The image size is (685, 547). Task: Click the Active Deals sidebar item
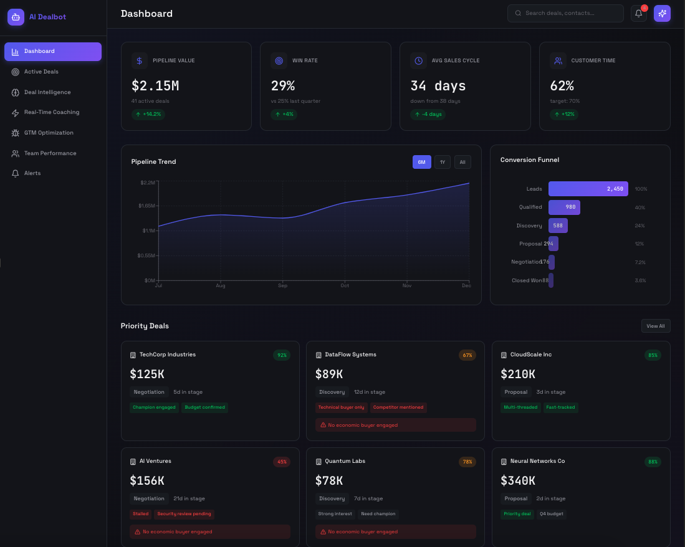point(41,72)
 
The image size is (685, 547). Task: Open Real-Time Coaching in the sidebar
point(51,112)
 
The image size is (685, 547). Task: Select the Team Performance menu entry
point(50,153)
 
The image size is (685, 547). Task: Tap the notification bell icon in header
point(639,13)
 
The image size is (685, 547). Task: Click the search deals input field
point(566,13)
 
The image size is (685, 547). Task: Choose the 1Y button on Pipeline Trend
point(443,162)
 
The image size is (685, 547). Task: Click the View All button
point(655,326)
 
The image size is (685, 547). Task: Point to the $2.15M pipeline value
point(155,86)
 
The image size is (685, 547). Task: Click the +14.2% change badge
point(148,115)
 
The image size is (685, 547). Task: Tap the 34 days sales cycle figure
point(438,86)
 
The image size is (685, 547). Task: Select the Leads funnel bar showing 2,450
point(588,189)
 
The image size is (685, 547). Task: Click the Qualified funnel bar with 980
point(564,207)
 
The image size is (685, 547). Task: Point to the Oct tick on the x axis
point(345,285)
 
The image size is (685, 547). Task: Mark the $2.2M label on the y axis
point(148,183)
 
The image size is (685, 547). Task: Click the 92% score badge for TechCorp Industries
point(282,355)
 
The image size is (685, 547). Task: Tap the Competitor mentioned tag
point(398,407)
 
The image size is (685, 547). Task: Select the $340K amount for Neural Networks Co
point(517,480)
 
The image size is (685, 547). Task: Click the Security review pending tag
point(184,514)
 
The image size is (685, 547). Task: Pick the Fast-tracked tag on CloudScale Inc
point(560,407)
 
